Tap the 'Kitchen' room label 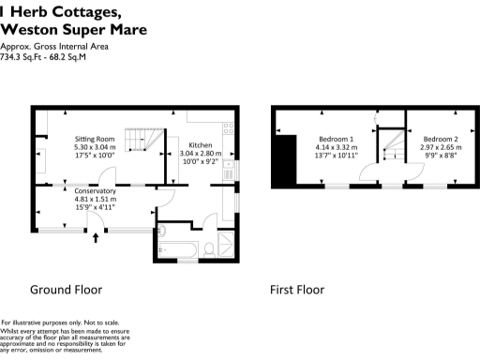coord(202,145)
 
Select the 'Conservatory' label coord(95,190)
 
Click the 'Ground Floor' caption coord(66,290)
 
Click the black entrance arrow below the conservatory coord(96,238)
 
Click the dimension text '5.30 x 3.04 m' coord(95,147)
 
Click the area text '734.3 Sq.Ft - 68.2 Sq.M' coord(43,56)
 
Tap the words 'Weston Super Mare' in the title coord(74,29)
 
